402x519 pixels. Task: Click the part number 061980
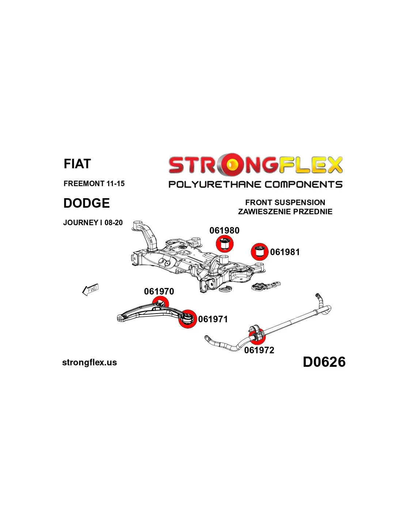point(224,231)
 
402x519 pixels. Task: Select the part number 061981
point(285,252)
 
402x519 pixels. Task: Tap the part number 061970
point(159,292)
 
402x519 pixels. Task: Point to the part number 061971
point(213,319)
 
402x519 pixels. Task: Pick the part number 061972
point(259,350)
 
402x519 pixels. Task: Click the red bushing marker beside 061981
point(259,251)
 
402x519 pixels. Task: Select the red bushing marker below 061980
point(224,244)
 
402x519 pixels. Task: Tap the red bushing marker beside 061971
point(187,319)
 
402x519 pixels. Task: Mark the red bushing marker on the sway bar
point(257,337)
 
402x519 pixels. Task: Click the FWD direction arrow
point(90,290)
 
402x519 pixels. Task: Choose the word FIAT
point(77,164)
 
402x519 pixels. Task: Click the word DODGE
point(87,203)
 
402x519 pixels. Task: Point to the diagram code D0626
point(324,362)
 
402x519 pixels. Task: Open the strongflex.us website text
point(90,363)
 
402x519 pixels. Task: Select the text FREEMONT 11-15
point(94,184)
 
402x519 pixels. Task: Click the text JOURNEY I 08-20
point(93,223)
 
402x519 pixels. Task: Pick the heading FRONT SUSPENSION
point(285,203)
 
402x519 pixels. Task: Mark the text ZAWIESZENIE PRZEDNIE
point(285,212)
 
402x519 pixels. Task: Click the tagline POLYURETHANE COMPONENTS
point(255,184)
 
